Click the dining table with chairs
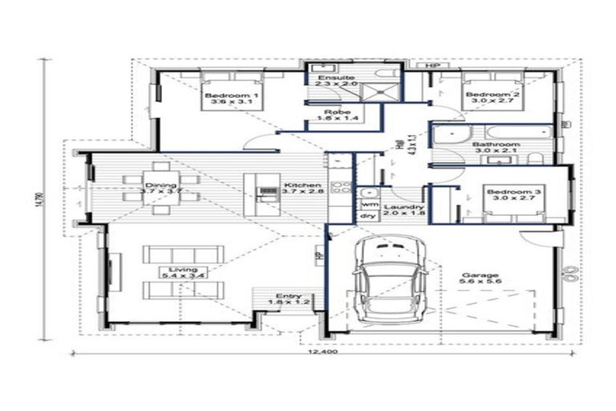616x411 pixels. (x=152, y=189)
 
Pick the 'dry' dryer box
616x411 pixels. (x=368, y=216)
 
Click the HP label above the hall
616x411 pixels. (x=434, y=65)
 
